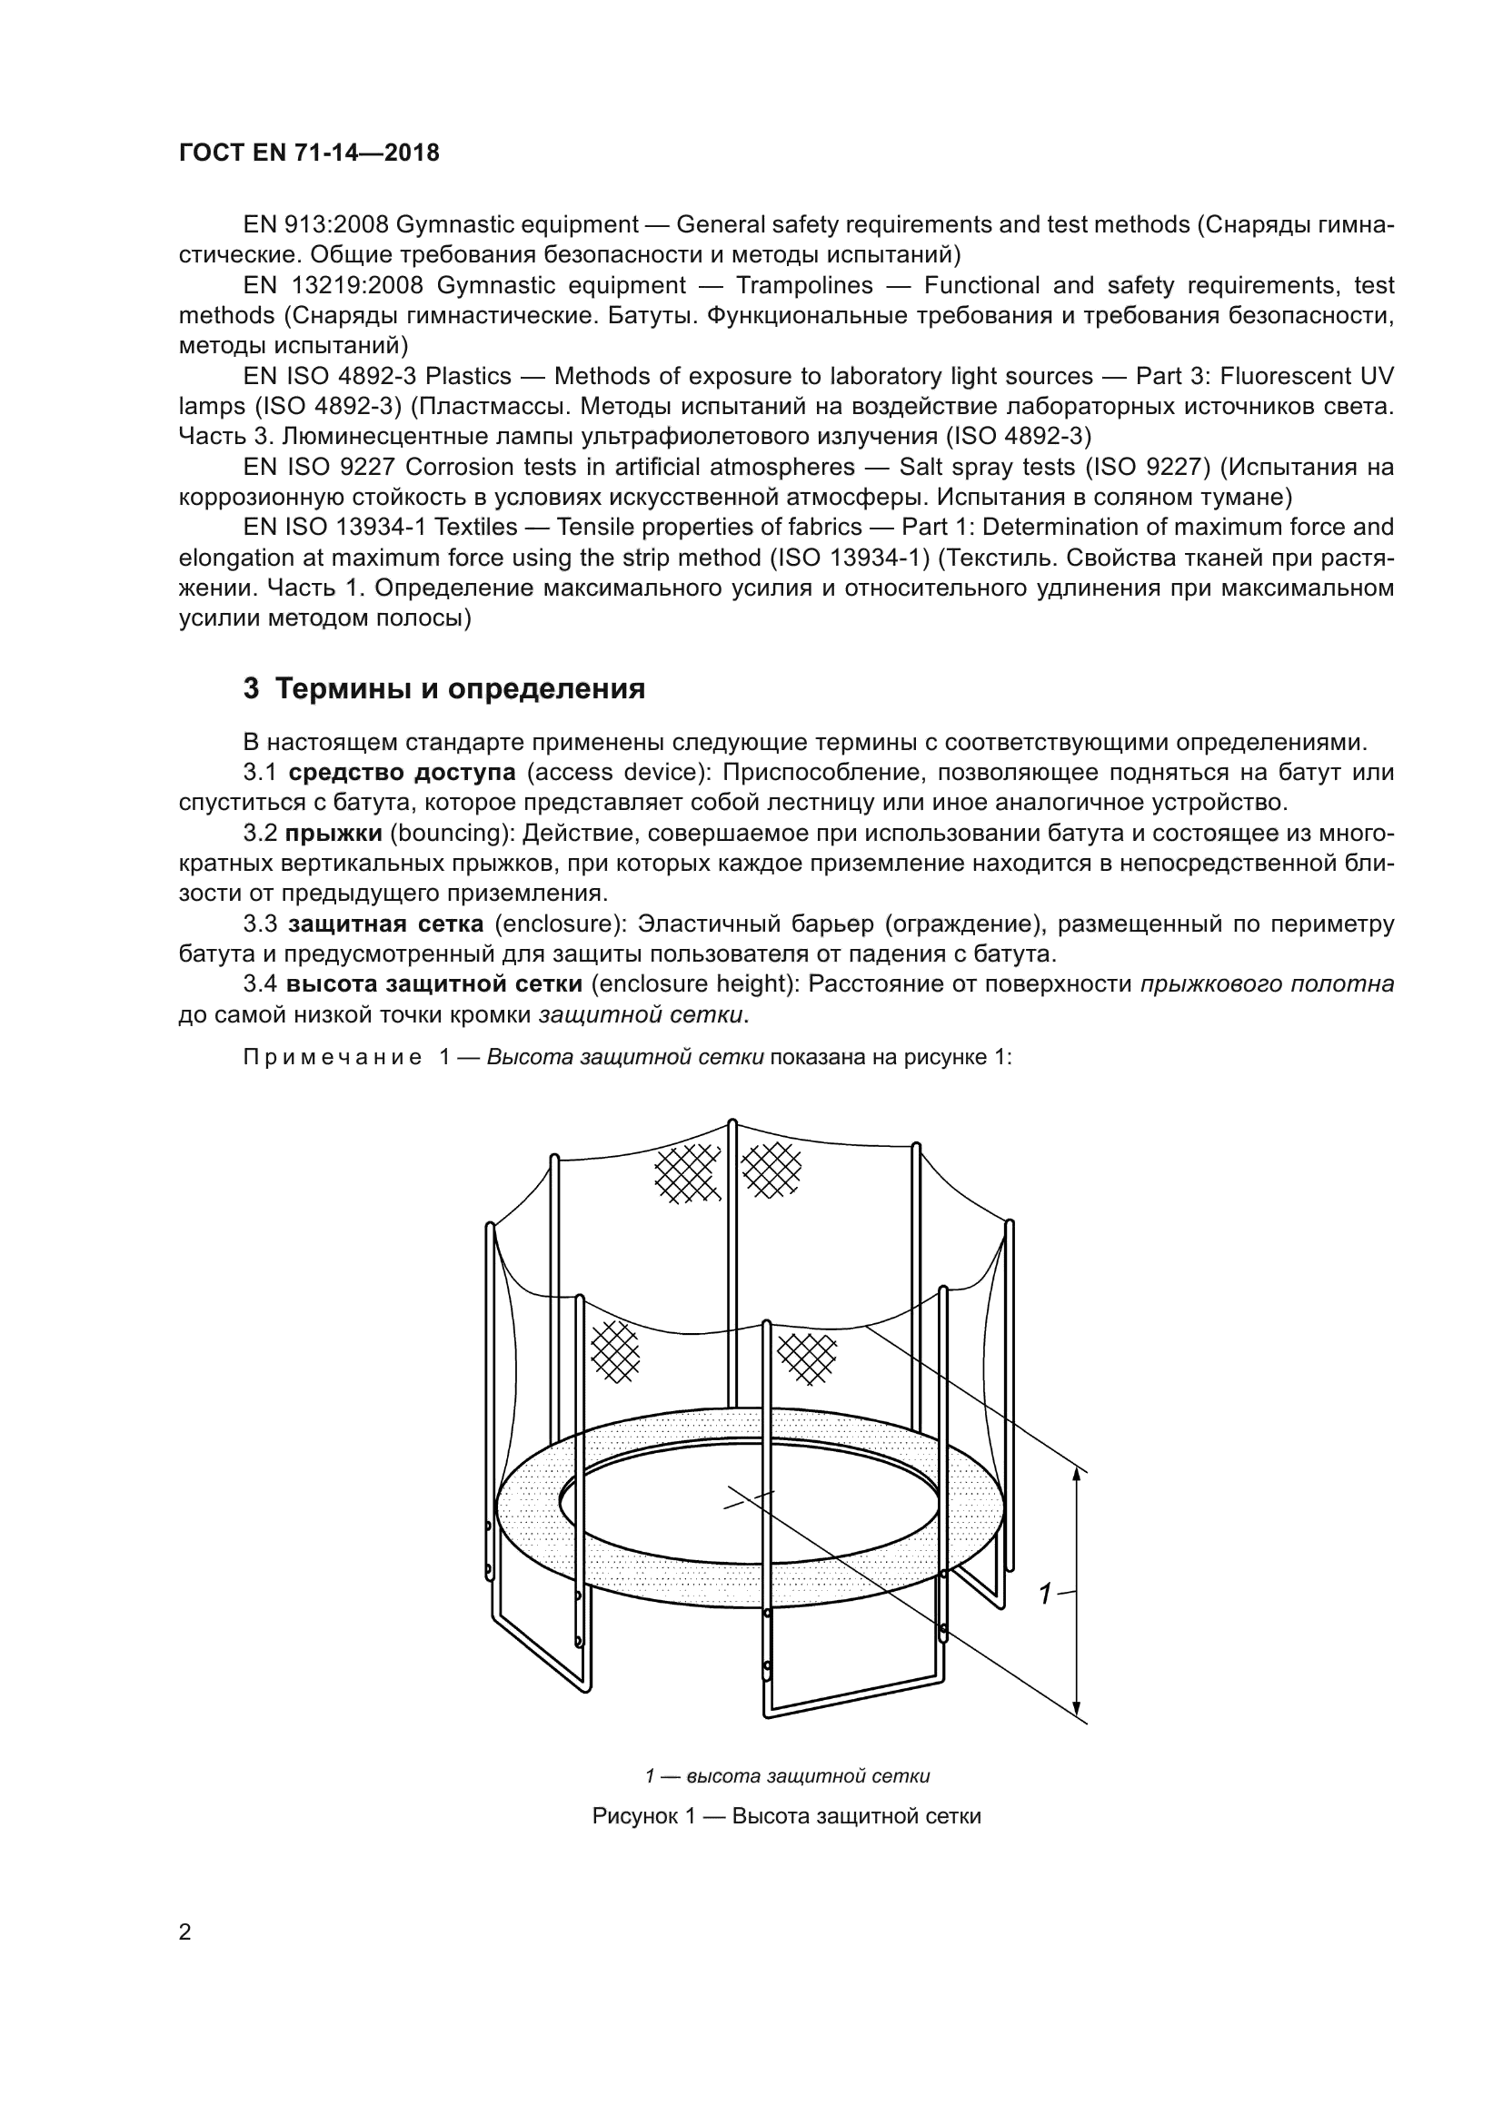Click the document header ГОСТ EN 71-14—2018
click(309, 153)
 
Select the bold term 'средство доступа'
click(402, 773)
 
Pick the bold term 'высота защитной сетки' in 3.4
click(434, 984)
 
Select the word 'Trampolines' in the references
click(803, 285)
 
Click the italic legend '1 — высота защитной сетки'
click(787, 1776)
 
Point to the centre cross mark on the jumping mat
click(748, 1499)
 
